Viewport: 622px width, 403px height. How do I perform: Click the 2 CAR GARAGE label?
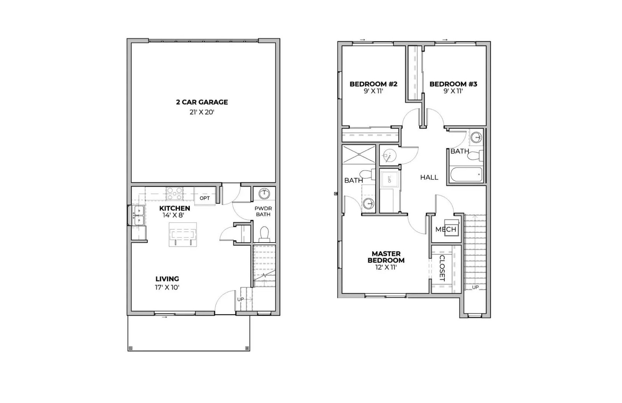click(x=202, y=102)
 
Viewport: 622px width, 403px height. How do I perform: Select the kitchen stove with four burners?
click(x=175, y=193)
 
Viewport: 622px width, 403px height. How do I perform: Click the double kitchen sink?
click(x=138, y=216)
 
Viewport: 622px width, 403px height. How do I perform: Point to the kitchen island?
click(x=182, y=234)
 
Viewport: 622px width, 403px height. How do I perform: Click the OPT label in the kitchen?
click(x=205, y=198)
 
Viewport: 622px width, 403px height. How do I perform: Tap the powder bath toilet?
click(x=264, y=234)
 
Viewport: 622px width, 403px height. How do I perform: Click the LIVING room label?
click(x=167, y=279)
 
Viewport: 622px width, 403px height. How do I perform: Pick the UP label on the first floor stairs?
click(x=241, y=299)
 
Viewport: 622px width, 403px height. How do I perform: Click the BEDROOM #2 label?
click(x=373, y=84)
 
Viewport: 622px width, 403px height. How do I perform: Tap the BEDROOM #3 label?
click(x=453, y=84)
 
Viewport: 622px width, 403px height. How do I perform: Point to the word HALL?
click(x=429, y=178)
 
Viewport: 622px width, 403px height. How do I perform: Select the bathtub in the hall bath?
click(x=466, y=175)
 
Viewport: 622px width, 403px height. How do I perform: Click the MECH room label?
click(x=446, y=229)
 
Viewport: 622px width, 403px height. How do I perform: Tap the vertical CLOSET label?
click(x=442, y=268)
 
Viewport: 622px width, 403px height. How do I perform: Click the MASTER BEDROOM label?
click(x=386, y=257)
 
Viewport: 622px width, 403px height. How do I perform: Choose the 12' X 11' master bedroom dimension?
click(x=386, y=267)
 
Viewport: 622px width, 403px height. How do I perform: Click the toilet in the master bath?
click(x=366, y=174)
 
